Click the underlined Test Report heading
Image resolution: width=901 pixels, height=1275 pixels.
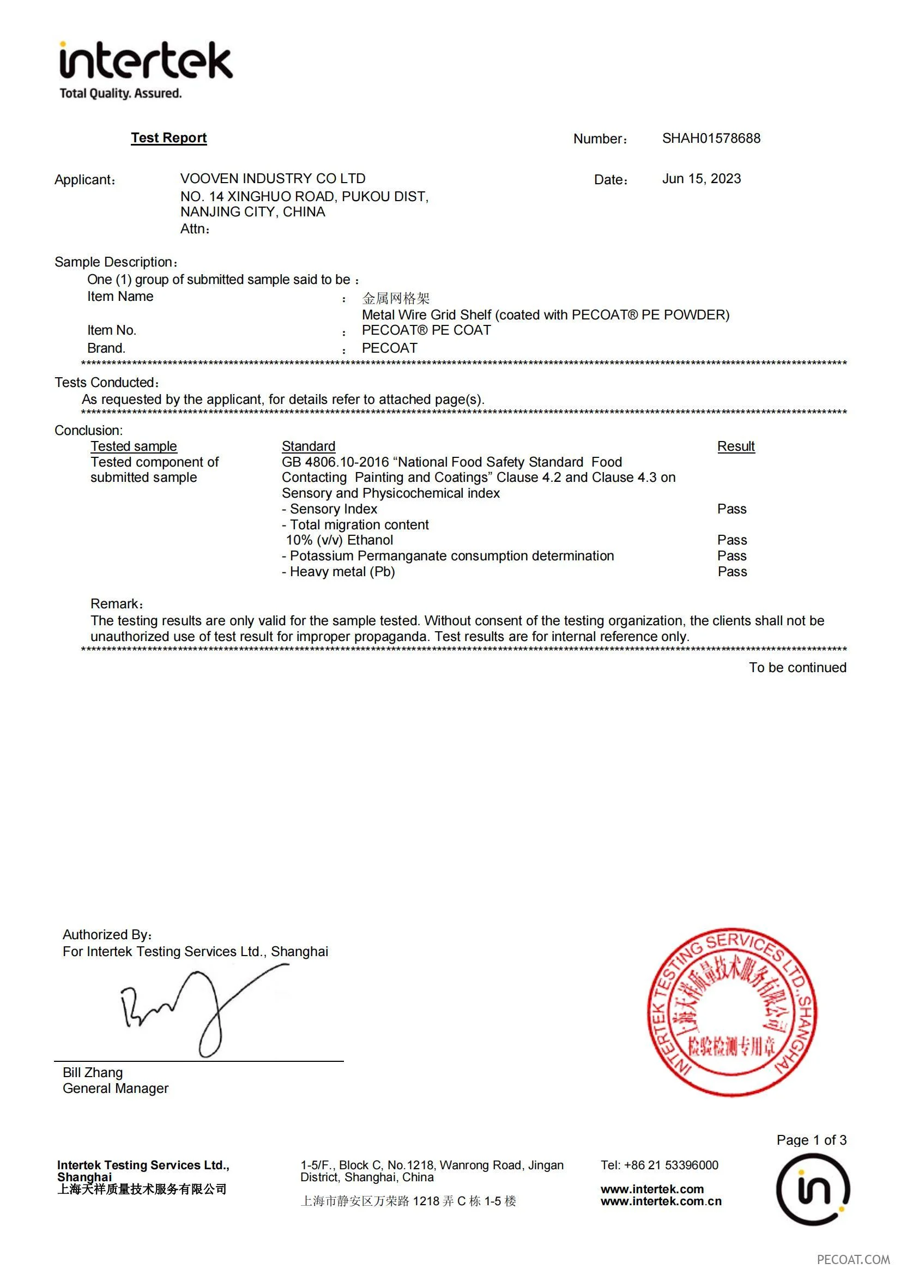click(x=169, y=138)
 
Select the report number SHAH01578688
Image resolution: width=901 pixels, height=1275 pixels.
click(x=711, y=138)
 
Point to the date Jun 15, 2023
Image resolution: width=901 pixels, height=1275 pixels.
click(x=701, y=179)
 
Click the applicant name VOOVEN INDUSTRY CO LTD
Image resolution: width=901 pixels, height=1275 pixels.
click(x=273, y=179)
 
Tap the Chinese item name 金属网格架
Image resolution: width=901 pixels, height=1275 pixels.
click(x=396, y=298)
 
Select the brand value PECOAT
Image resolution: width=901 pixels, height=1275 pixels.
click(x=389, y=348)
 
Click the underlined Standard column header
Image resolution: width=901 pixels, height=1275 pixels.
click(x=308, y=446)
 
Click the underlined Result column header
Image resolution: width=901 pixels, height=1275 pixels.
click(x=735, y=446)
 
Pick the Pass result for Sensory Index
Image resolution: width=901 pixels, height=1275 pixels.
click(x=731, y=509)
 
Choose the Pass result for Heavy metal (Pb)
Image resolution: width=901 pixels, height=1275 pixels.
click(x=731, y=572)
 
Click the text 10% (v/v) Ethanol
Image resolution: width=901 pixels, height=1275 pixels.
click(x=339, y=540)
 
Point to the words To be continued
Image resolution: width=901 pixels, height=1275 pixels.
click(x=797, y=668)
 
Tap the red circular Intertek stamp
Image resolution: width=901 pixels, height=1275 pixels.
click(x=731, y=1012)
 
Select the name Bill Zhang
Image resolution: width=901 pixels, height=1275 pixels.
click(x=93, y=1073)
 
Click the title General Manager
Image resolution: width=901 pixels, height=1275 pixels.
click(x=116, y=1089)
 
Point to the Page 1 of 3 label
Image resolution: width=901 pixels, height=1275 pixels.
click(x=811, y=1140)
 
